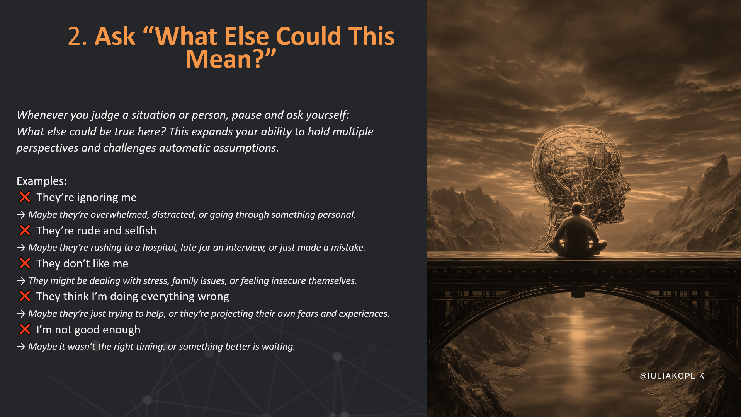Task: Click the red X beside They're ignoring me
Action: (x=25, y=197)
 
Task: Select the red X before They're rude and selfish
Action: (x=25, y=231)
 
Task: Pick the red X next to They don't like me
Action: (x=25, y=263)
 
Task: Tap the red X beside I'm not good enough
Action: (x=25, y=330)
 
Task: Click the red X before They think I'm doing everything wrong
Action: (x=25, y=296)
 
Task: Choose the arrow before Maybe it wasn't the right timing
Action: (x=21, y=347)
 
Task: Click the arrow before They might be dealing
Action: (x=21, y=281)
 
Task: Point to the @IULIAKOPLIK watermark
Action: (x=672, y=376)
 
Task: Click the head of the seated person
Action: (x=577, y=209)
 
